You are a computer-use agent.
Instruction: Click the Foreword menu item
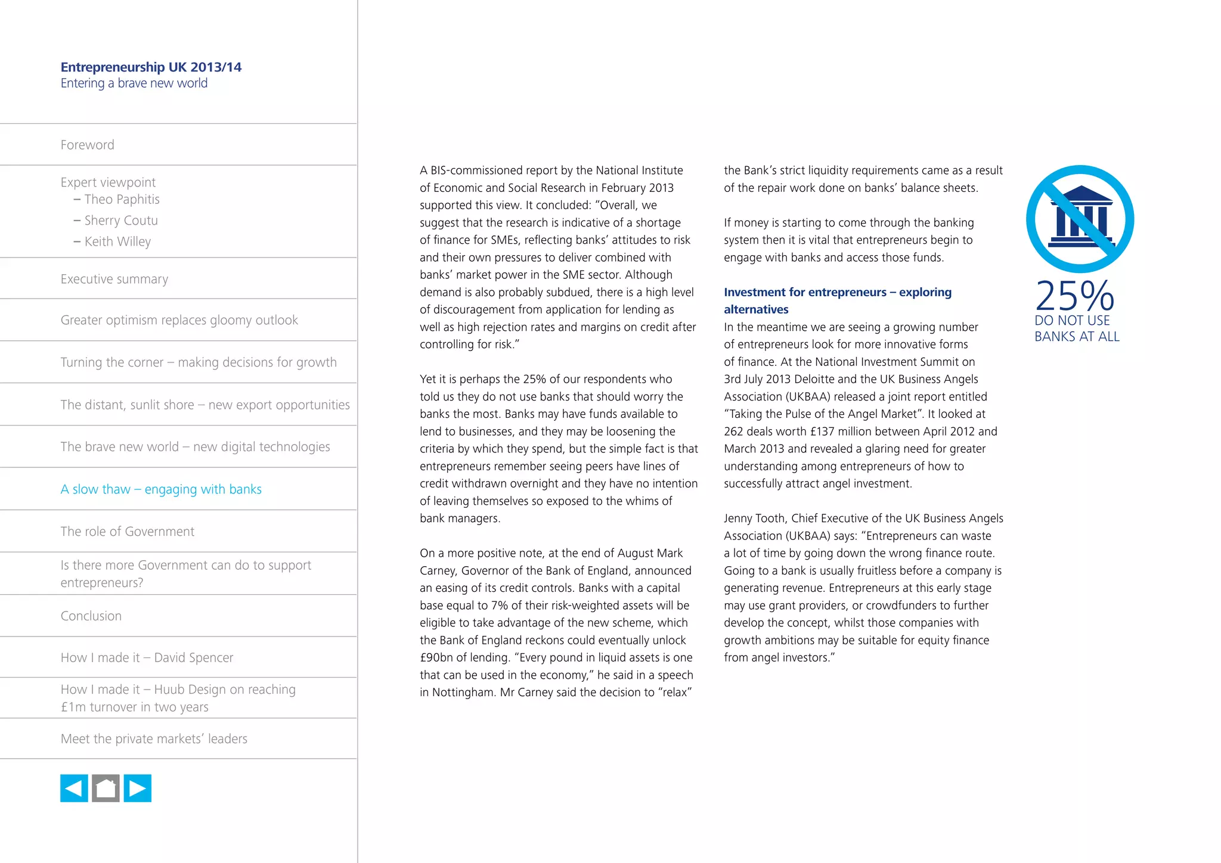(87, 145)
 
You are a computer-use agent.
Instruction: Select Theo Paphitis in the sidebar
(122, 200)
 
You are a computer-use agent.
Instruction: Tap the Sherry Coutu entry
(121, 221)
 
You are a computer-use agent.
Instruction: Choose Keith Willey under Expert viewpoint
(117, 241)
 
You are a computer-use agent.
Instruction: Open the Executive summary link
(114, 279)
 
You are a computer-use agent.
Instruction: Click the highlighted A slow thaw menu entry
(161, 489)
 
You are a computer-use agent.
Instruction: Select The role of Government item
(127, 532)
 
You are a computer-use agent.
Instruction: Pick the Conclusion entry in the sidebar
(91, 616)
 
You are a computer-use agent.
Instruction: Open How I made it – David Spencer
(147, 658)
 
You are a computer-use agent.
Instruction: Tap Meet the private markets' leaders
(154, 739)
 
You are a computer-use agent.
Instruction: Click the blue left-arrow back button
(74, 789)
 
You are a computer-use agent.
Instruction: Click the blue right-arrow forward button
(138, 789)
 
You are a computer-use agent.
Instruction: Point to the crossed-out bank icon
(1080, 219)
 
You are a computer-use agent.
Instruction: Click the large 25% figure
(1074, 296)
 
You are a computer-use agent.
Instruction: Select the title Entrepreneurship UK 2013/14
(151, 67)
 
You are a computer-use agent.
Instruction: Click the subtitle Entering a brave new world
(134, 83)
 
